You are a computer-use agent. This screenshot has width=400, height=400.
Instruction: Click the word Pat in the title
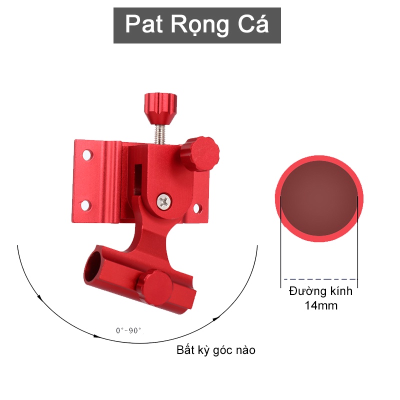(x=142, y=24)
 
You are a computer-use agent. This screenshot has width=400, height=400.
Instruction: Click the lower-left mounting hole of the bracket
(x=84, y=204)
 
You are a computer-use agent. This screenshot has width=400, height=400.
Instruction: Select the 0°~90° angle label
(x=128, y=330)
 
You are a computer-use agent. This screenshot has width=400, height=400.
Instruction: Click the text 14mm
(x=321, y=305)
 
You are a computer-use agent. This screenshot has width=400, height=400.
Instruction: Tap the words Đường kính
(x=320, y=291)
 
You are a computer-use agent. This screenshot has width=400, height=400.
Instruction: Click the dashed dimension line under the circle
(x=320, y=279)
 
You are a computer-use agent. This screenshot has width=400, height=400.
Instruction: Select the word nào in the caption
(x=243, y=350)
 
